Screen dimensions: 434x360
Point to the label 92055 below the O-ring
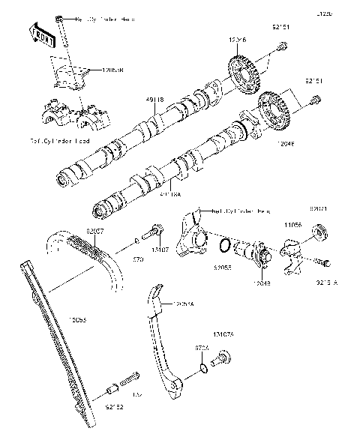coord(222,266)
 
